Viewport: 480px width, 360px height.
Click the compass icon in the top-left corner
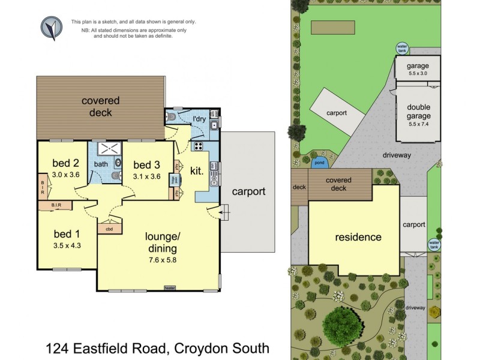point(52,28)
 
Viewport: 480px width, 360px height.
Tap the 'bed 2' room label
point(66,163)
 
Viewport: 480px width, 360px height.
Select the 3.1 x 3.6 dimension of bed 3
point(146,176)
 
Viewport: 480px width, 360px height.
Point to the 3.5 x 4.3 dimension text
point(66,229)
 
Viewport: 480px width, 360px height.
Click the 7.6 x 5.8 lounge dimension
point(159,260)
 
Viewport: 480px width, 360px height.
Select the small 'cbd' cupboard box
point(109,229)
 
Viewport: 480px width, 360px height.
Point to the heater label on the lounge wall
point(170,288)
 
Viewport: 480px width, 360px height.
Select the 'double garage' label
point(419,112)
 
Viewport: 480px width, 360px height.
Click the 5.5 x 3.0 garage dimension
point(418,73)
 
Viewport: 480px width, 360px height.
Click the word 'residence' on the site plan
point(358,237)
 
